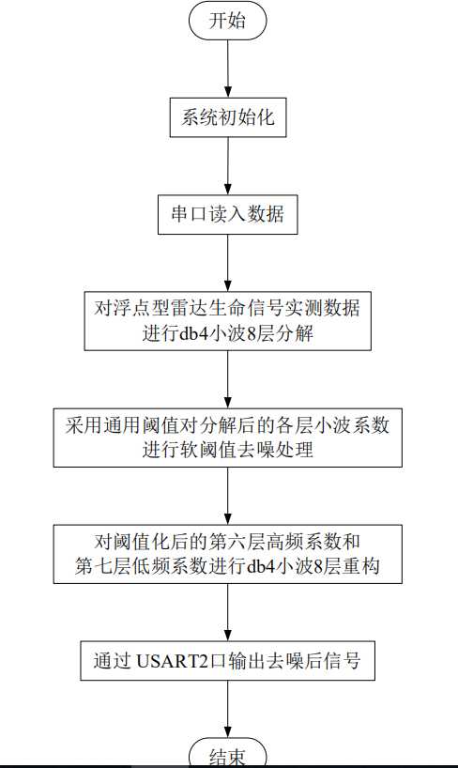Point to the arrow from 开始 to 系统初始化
coord(228,69)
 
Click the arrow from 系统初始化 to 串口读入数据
coord(228,166)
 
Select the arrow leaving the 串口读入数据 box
coord(228,263)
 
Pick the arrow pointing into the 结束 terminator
coord(228,709)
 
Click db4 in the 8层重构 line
coord(261,567)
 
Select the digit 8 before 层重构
coord(317,567)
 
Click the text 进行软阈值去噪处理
coord(228,450)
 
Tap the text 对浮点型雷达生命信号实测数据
coord(227,308)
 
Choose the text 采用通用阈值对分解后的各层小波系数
coord(227,424)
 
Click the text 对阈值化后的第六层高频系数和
coord(227,541)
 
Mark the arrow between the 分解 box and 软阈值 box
coord(228,379)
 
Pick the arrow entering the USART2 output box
coord(228,612)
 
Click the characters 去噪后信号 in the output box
coord(313,661)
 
